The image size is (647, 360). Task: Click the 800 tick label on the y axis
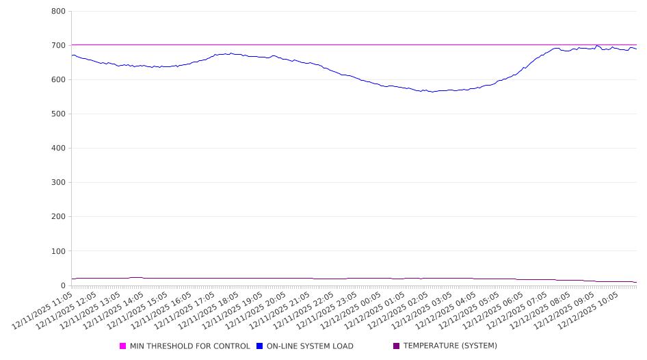coord(58,12)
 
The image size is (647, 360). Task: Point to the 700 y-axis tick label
coord(58,46)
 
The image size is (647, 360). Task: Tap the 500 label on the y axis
coord(58,114)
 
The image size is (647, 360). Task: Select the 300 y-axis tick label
coord(58,183)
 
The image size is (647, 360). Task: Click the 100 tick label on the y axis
coord(58,251)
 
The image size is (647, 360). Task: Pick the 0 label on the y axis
coord(62,285)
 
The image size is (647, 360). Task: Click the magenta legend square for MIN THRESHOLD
coord(123,346)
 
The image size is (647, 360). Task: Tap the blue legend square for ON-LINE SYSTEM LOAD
coord(260,346)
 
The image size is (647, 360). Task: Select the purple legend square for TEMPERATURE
coord(396,346)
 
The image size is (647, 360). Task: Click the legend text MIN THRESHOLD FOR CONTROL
coord(189,346)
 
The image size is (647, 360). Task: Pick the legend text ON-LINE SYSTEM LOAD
coord(310,346)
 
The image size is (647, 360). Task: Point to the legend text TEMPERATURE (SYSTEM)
coord(450,346)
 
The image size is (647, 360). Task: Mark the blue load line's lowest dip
coord(431,92)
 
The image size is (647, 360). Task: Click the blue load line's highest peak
coord(598,46)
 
